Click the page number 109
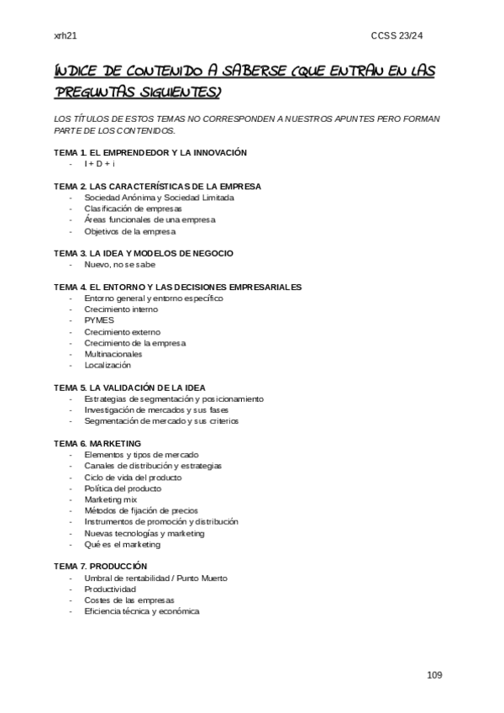tap(434, 675)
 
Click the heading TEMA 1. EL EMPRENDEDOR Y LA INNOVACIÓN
tap(150, 152)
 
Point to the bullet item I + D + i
tap(99, 164)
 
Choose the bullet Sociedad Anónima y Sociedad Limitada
tap(159, 198)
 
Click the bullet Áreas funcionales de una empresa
tap(150, 219)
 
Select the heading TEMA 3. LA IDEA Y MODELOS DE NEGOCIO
tap(144, 253)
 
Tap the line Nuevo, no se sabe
tap(119, 265)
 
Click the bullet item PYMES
tap(99, 320)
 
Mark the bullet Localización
tap(108, 366)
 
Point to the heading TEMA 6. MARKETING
tap(97, 443)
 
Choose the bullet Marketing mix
tap(111, 499)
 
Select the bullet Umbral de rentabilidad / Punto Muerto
tap(155, 578)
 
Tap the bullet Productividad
tap(110, 589)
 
